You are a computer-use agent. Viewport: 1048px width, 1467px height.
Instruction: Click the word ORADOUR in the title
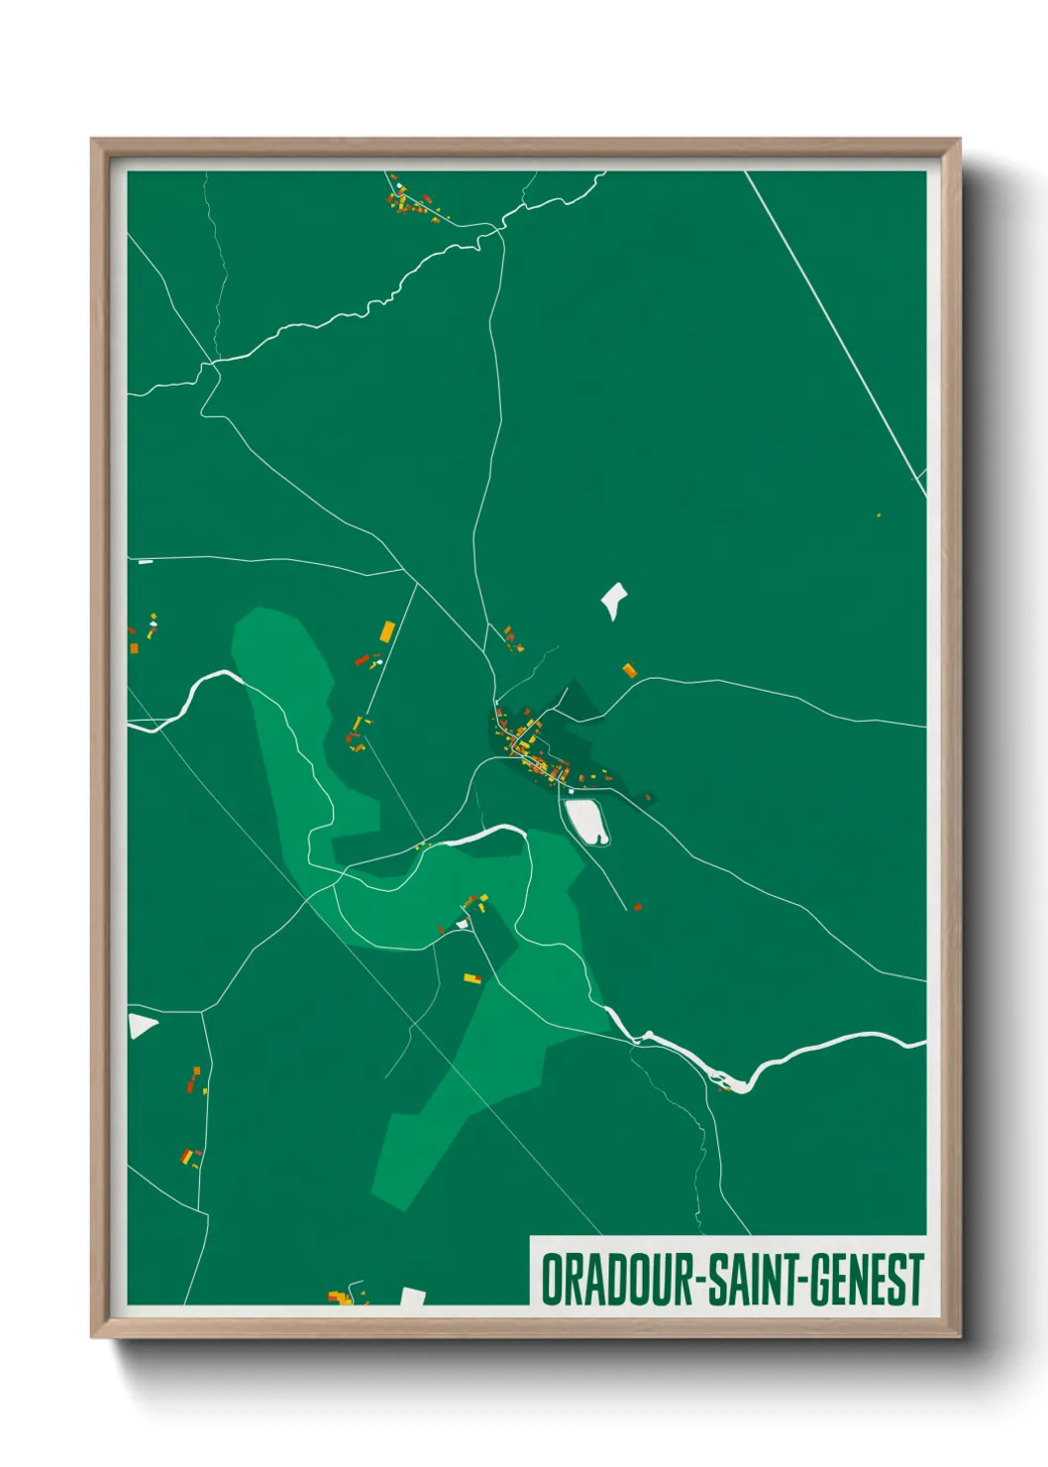(618, 1279)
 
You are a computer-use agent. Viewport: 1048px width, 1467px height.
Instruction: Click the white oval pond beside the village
(586, 822)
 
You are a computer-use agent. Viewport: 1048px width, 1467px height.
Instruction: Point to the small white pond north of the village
(614, 600)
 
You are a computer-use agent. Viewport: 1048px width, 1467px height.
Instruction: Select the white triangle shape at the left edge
(142, 1025)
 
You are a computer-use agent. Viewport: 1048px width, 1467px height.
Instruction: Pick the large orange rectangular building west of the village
(387, 630)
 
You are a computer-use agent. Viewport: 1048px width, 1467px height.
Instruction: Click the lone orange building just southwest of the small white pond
(628, 671)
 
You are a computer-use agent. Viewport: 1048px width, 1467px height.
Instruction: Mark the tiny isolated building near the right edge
(879, 515)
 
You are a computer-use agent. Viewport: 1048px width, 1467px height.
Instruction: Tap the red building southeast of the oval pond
(637, 906)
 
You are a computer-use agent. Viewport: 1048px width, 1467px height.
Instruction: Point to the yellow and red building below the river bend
(472, 978)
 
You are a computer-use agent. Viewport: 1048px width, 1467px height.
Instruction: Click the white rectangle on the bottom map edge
(412, 1297)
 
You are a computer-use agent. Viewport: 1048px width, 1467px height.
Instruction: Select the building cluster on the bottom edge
(340, 1297)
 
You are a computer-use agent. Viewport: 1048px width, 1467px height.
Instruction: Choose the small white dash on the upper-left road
(146, 562)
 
